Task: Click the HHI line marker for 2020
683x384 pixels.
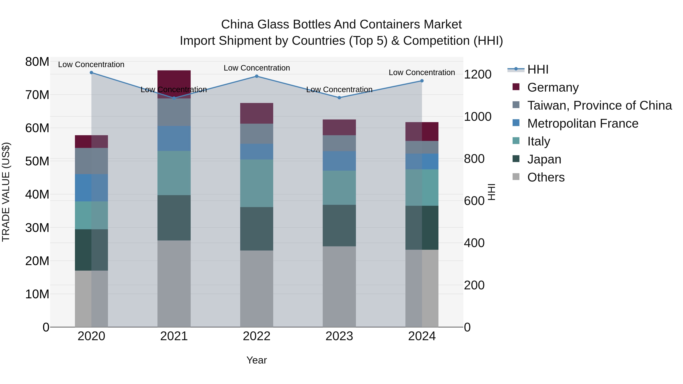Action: coord(91,73)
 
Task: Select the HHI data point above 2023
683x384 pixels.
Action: coord(339,98)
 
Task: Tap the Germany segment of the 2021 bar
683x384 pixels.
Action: coord(174,84)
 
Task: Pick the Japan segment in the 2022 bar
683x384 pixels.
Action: coord(256,229)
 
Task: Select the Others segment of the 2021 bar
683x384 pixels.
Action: coord(174,283)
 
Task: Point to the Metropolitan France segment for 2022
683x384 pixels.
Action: coord(256,152)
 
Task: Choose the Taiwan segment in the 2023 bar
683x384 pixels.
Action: coord(339,143)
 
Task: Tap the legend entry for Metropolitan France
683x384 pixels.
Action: coord(582,123)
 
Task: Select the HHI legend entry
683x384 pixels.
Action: coord(537,69)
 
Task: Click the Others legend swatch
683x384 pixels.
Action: coord(516,177)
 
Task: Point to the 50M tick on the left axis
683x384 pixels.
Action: coord(37,161)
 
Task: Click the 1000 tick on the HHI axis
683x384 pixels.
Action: coord(478,117)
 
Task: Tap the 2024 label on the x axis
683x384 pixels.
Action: coord(422,336)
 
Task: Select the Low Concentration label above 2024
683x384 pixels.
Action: coord(422,73)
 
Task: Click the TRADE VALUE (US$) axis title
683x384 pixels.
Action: coord(6,192)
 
